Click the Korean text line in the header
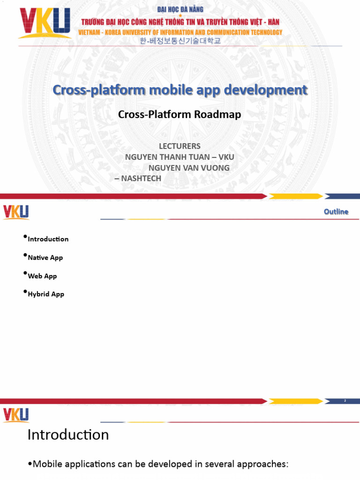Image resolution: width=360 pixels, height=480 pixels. [180, 41]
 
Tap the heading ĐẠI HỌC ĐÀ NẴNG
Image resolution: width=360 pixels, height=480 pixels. [180, 9]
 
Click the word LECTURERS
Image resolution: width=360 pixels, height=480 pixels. [180, 146]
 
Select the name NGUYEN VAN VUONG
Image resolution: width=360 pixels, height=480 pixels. [189, 168]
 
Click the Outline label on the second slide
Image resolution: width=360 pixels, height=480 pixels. [336, 211]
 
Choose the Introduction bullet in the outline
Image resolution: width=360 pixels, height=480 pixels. [48, 239]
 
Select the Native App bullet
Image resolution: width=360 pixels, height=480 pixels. [45, 257]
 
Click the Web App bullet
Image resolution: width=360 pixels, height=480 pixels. [42, 276]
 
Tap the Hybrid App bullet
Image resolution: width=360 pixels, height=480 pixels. [46, 294]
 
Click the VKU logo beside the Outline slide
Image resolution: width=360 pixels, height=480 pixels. [16, 212]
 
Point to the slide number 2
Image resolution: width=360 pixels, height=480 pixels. [345, 401]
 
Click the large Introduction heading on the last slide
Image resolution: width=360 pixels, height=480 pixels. [68, 435]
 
